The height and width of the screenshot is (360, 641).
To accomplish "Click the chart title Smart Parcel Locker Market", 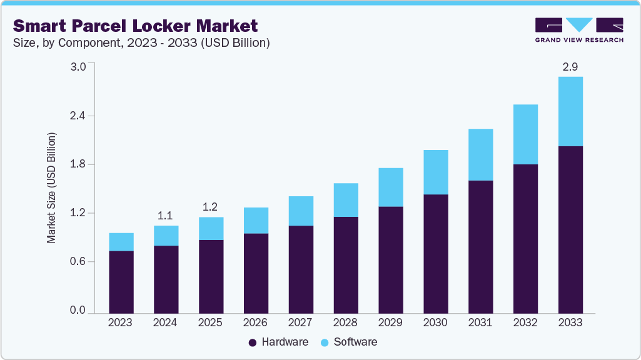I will click(x=135, y=26).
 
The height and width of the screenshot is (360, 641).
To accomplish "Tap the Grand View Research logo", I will click(x=579, y=30).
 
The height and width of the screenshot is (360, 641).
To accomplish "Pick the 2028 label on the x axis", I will click(x=345, y=322).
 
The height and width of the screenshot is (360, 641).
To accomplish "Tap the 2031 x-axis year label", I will click(x=480, y=322).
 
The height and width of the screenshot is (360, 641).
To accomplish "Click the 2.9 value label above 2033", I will click(x=570, y=66).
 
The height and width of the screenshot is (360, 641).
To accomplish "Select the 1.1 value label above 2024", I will click(x=165, y=216).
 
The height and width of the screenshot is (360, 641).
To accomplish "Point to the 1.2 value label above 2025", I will click(x=211, y=207).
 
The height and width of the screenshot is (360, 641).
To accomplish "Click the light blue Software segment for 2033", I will click(x=570, y=111).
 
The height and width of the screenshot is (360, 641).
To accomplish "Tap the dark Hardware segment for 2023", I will click(x=121, y=281).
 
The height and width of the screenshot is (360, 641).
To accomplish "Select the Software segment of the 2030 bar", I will click(x=435, y=172).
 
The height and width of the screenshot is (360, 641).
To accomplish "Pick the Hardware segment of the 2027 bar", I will click(x=301, y=269).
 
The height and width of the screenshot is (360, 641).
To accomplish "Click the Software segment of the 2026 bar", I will click(x=256, y=220).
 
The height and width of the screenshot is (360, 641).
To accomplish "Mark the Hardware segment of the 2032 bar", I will click(x=525, y=238).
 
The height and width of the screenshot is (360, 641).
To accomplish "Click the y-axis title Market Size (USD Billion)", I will click(x=52, y=187).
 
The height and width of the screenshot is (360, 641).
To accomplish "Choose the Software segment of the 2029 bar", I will click(x=390, y=187).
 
